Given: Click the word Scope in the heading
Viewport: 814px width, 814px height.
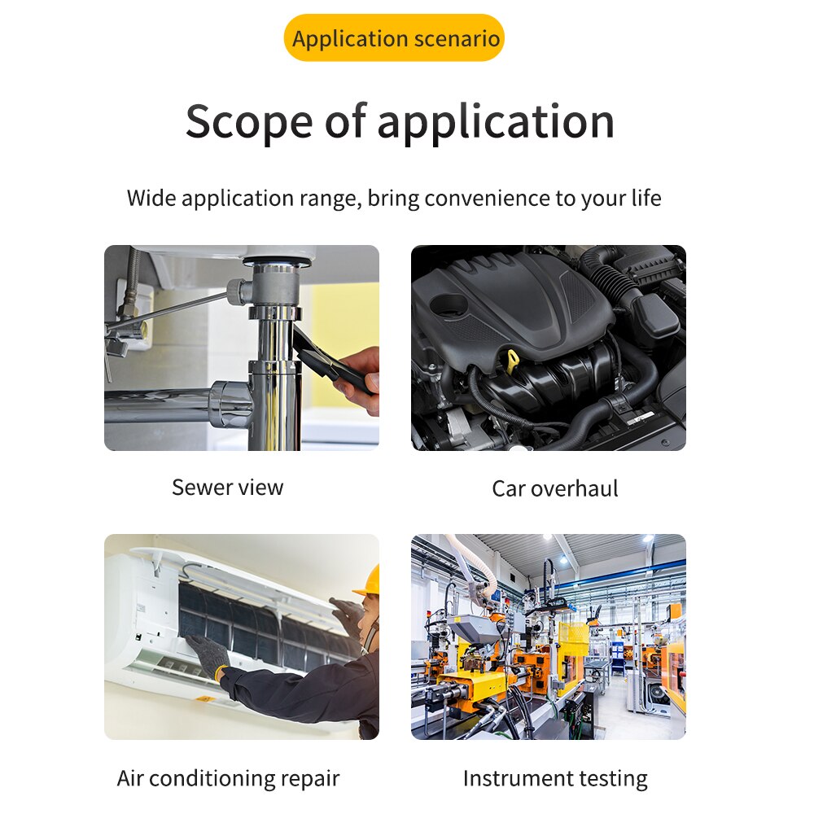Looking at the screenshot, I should point(248,122).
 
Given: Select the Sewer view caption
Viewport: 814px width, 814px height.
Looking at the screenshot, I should point(227,488).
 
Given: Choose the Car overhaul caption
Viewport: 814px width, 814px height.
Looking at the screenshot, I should point(554,488).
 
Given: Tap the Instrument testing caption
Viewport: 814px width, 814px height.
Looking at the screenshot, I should point(554,778).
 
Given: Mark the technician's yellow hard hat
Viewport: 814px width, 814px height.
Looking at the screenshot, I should point(368,581).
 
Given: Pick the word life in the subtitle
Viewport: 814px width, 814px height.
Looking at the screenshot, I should point(645,199).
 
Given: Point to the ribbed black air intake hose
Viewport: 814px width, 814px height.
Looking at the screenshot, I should point(615,285).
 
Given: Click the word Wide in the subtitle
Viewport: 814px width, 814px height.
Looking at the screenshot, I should point(152,199).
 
